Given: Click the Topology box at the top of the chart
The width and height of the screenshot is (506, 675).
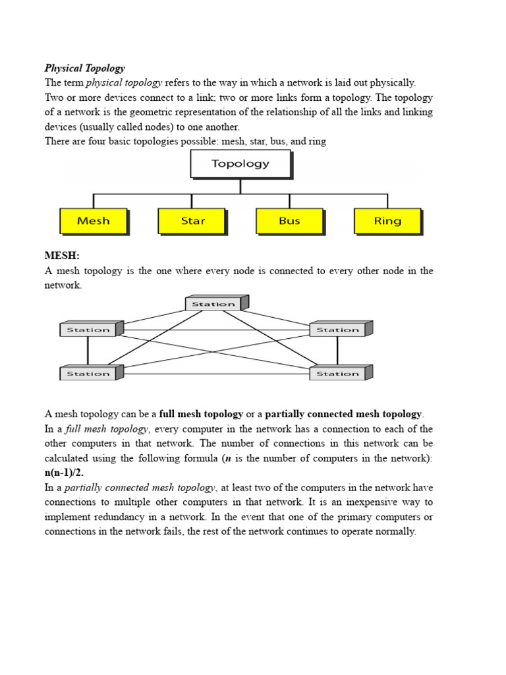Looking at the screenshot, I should (240, 163).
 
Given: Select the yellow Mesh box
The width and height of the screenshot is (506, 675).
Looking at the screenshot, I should (93, 221).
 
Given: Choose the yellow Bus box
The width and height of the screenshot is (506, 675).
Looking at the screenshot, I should (289, 221).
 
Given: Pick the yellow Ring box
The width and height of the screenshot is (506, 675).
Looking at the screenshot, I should (387, 221).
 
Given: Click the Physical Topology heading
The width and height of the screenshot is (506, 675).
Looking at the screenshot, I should (84, 69).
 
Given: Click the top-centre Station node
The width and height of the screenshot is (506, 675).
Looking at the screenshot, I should (213, 304).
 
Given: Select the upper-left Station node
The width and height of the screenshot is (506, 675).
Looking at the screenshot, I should (88, 330).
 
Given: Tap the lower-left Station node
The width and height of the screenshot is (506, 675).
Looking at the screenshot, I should (88, 374).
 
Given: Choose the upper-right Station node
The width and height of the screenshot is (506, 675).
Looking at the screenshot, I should (337, 330).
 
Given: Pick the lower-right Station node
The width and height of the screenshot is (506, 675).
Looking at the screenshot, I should (337, 374).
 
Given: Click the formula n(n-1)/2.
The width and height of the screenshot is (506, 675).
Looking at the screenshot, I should (64, 473).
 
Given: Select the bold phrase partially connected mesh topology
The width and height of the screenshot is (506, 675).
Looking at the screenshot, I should (343, 415).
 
